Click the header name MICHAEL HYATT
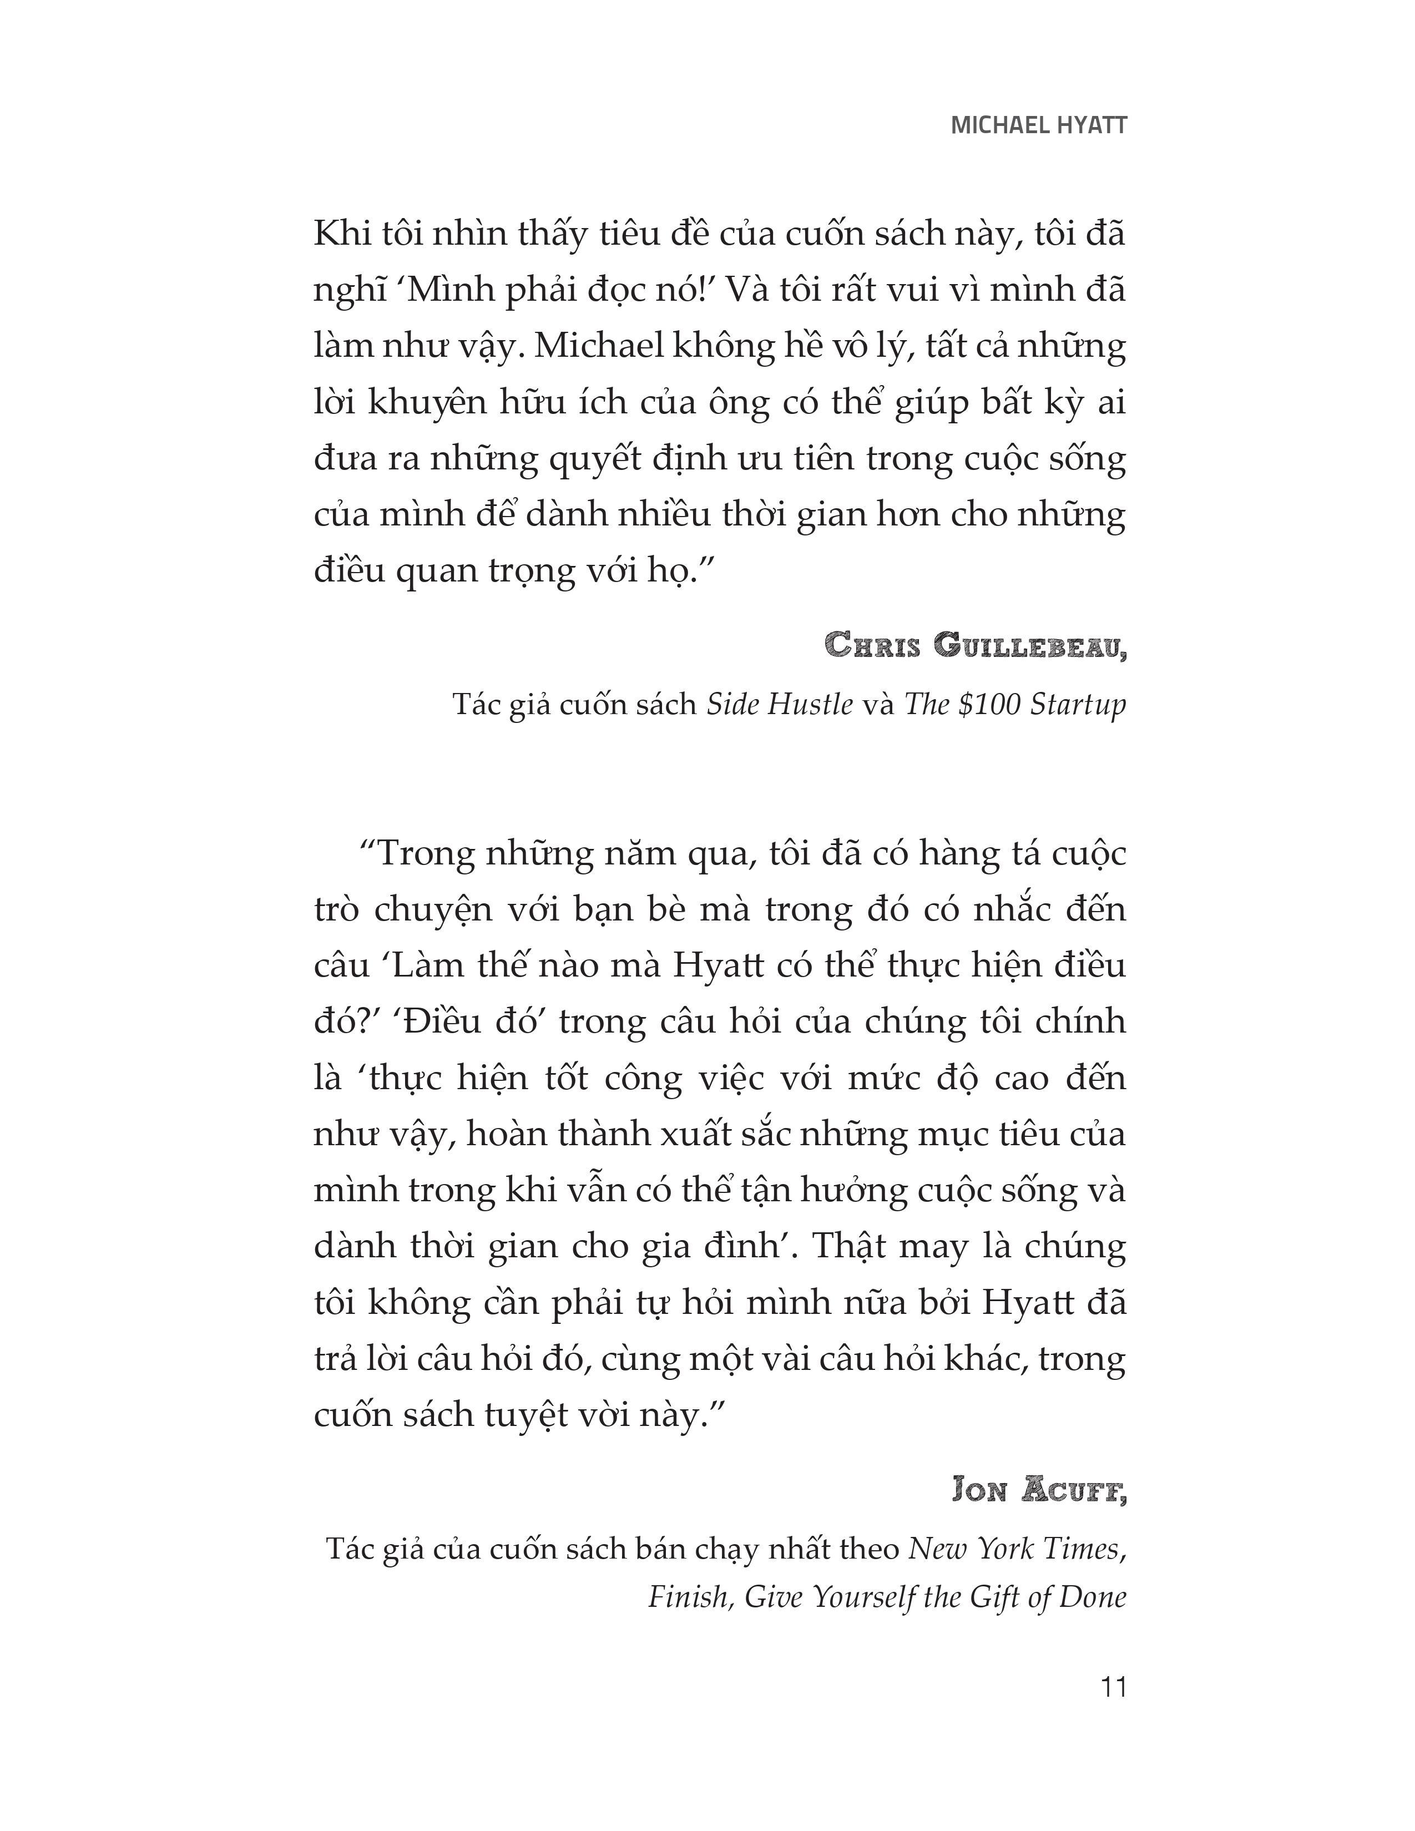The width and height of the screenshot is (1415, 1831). [x=1039, y=126]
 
